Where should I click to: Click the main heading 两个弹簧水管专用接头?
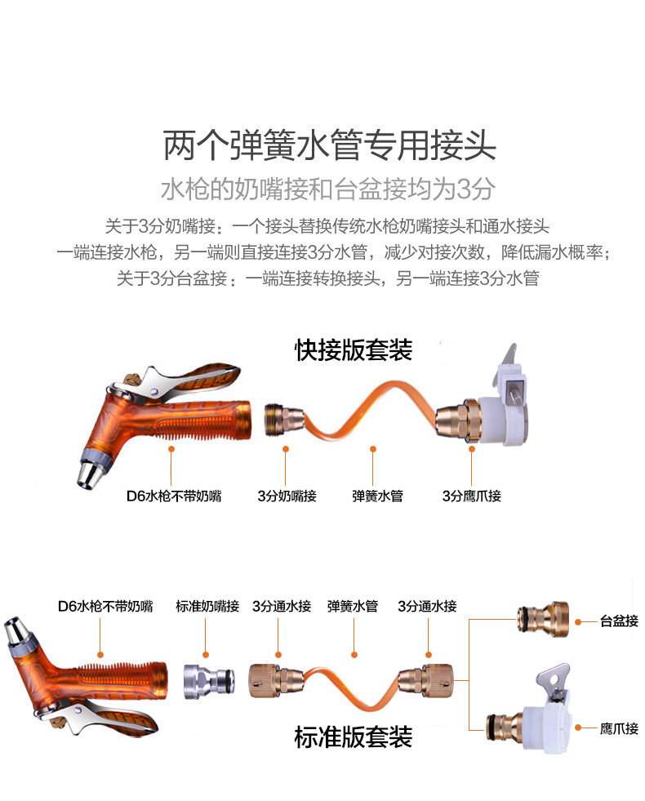[x=329, y=145]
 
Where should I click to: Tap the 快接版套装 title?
[x=354, y=350]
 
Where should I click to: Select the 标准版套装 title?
[x=354, y=737]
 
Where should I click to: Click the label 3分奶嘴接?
[x=287, y=496]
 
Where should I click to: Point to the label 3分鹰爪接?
[x=472, y=496]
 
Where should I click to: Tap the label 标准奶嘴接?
[x=207, y=607]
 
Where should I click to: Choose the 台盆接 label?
[x=619, y=621]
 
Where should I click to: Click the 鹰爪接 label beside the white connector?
[x=619, y=728]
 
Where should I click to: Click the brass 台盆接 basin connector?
[x=543, y=620]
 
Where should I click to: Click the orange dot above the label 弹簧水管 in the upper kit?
[x=373, y=449]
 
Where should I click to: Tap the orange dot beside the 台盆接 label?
[x=579, y=622]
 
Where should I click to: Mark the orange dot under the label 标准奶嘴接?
[x=206, y=655]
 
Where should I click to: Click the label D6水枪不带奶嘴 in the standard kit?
[x=105, y=607]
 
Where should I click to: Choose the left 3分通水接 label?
[x=282, y=607]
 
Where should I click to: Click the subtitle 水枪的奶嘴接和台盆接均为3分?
[x=328, y=189]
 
